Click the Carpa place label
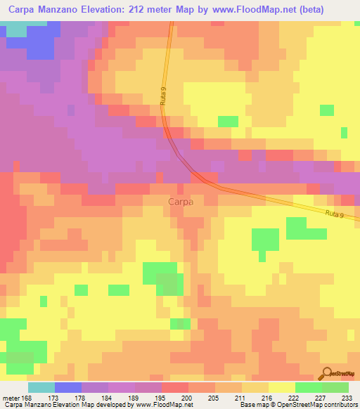point(181,202)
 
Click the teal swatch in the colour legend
point(41,387)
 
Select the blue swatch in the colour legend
point(68,387)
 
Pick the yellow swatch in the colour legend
point(281,387)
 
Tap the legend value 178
point(82,398)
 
